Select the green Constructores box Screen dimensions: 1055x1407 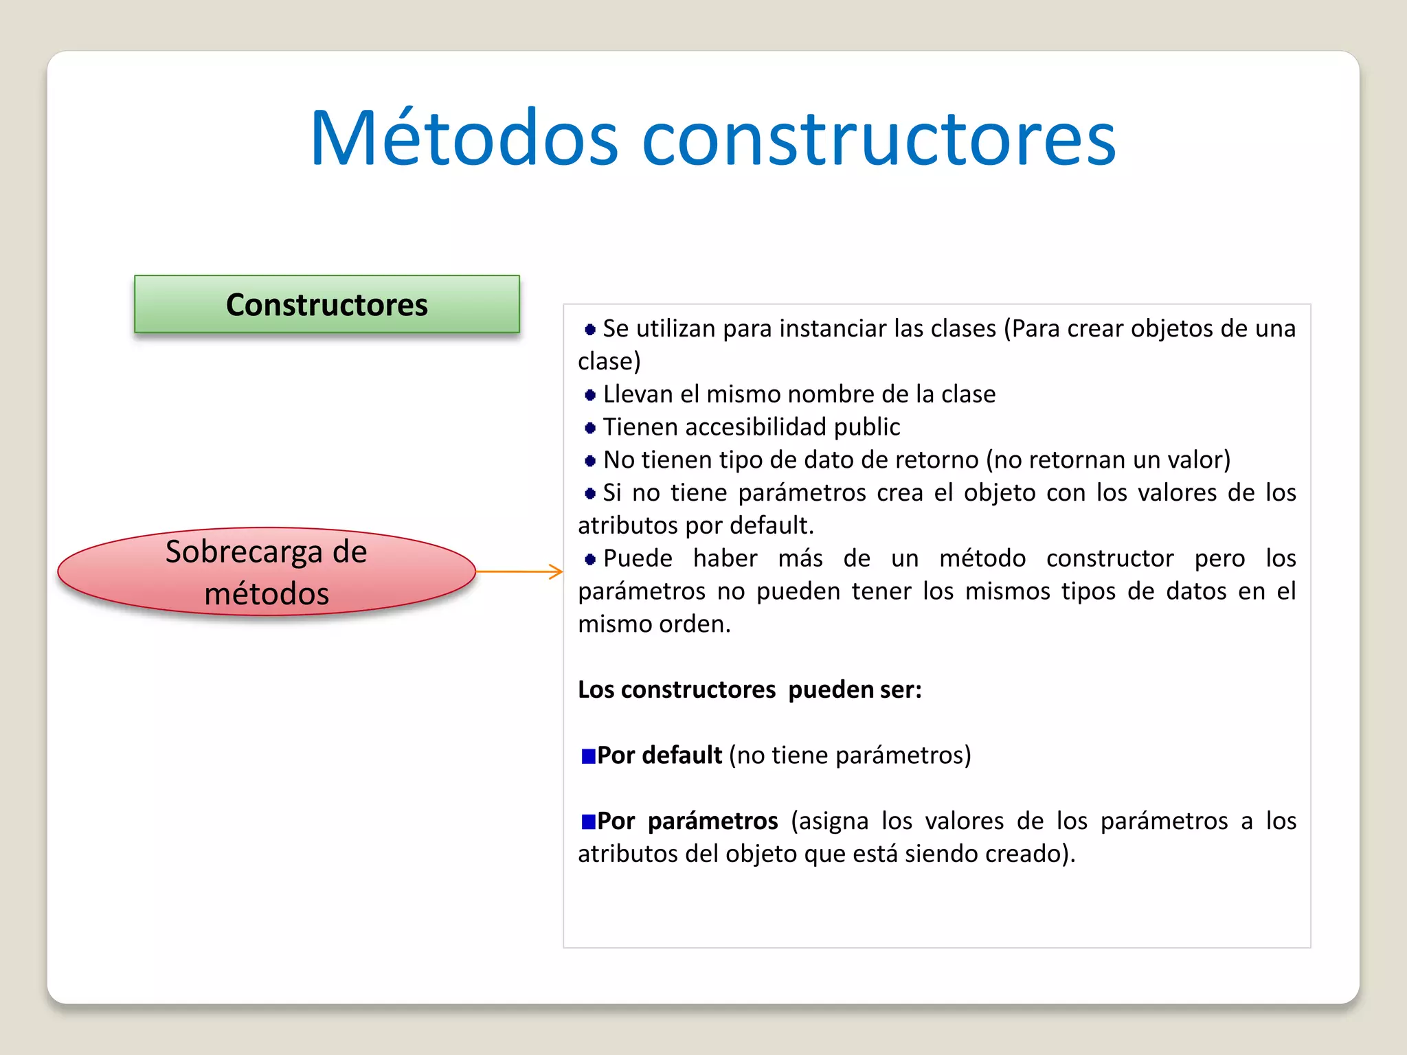(x=326, y=304)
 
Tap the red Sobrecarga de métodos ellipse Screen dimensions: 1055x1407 (x=267, y=571)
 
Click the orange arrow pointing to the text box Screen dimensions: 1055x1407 (x=519, y=571)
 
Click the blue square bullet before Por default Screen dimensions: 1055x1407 (x=588, y=756)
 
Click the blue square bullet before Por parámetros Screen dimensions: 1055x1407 (x=588, y=821)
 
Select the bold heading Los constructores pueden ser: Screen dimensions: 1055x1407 (x=749, y=690)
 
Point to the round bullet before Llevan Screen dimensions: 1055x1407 (x=589, y=395)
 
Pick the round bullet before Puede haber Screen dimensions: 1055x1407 (x=589, y=559)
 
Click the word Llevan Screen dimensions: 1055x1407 (x=638, y=394)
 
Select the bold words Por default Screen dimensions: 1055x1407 (x=659, y=756)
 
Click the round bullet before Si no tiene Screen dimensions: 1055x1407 (x=589, y=493)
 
